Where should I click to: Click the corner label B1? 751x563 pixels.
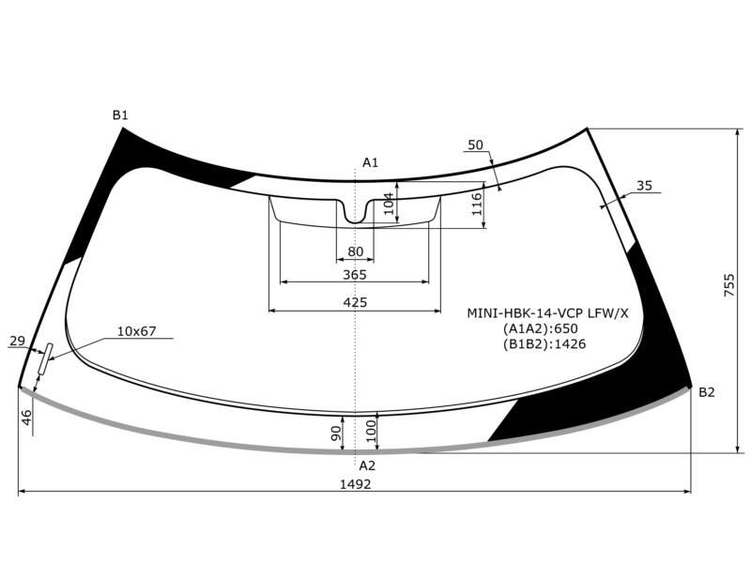(120, 114)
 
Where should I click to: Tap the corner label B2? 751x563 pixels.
(707, 392)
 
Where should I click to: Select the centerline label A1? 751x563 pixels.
(370, 162)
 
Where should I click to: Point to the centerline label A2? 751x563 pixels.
(367, 465)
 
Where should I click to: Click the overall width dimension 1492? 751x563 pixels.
(356, 484)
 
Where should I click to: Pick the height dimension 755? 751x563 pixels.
(728, 285)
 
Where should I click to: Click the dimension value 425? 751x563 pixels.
(355, 302)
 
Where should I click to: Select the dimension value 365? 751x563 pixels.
(355, 275)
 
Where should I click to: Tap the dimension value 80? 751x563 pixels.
(356, 251)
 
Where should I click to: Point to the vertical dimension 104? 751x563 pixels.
(389, 203)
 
